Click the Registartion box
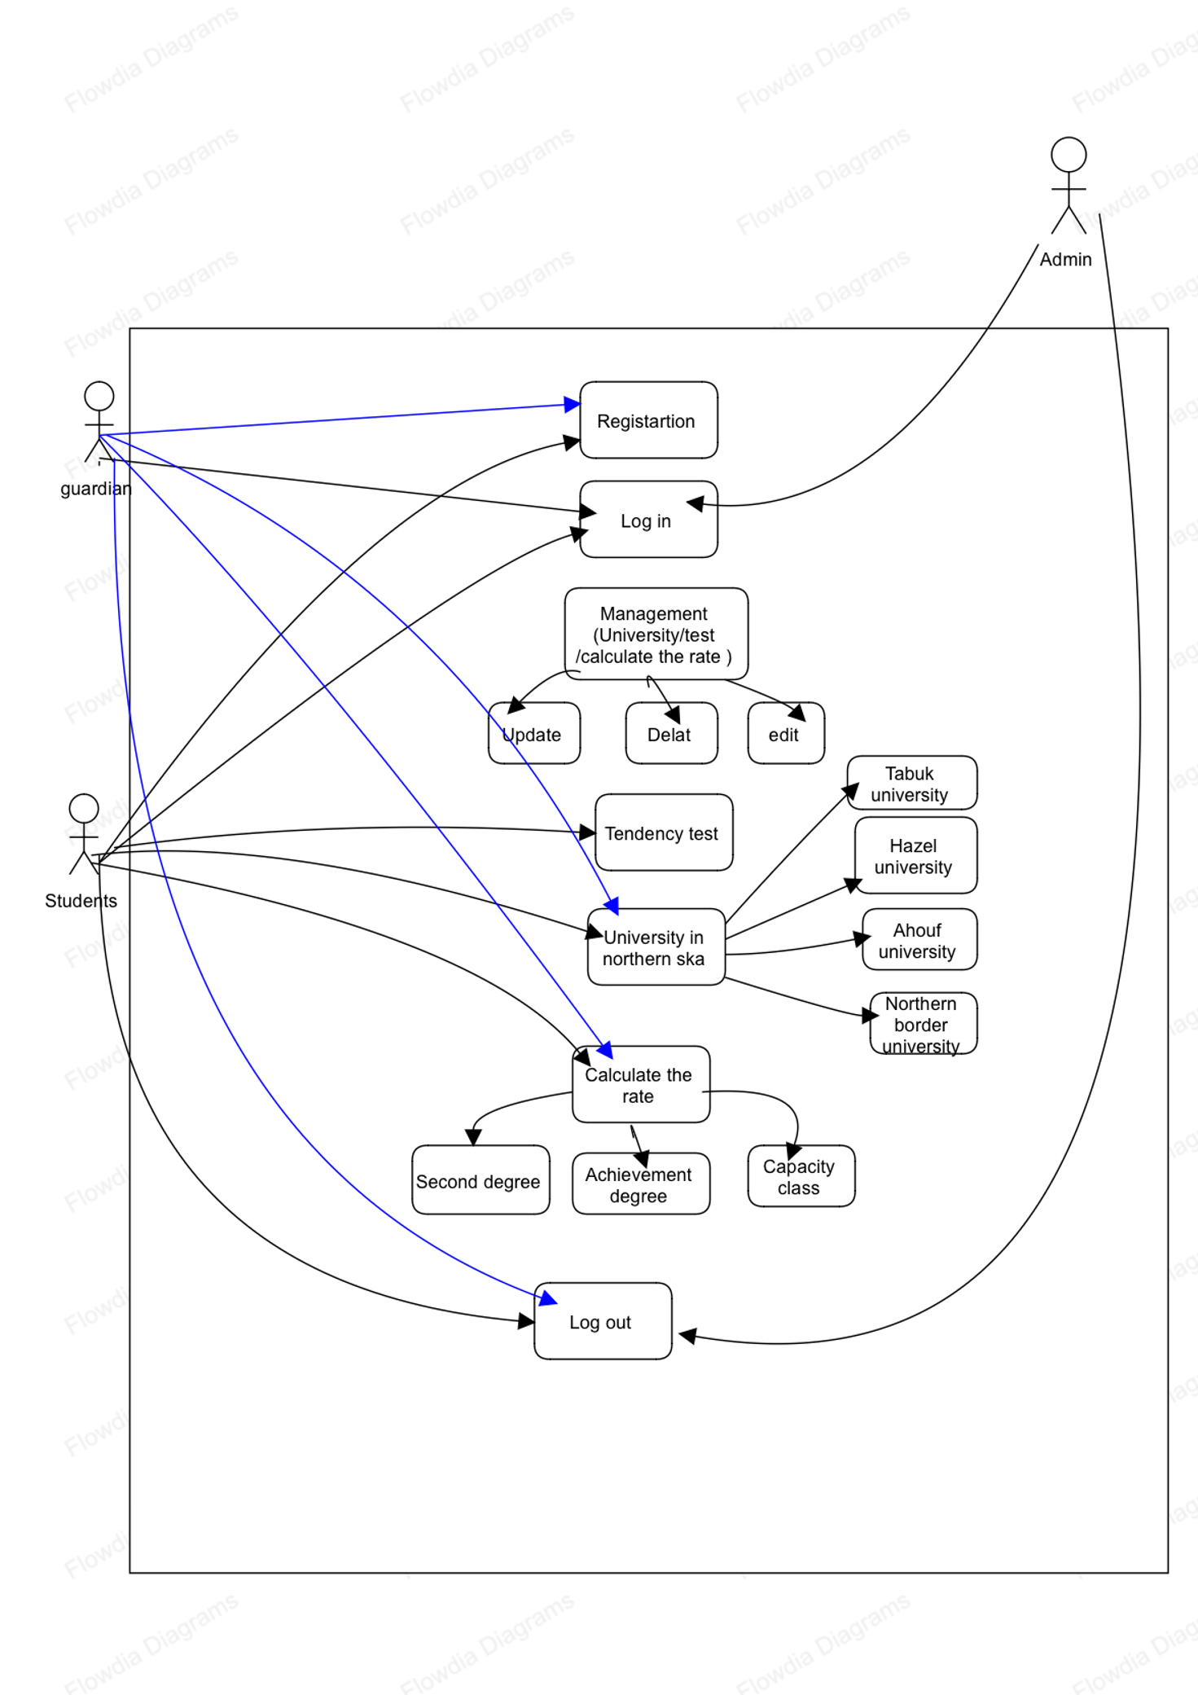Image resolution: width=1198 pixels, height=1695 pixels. click(x=648, y=420)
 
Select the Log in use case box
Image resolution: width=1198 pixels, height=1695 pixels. click(x=648, y=520)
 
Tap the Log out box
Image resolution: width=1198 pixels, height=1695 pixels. click(x=603, y=1321)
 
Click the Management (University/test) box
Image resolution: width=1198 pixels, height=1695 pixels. click(x=656, y=634)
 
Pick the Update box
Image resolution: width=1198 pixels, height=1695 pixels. click(x=534, y=733)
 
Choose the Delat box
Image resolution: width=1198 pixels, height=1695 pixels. click(x=671, y=733)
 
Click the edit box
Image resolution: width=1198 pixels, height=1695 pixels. click(x=786, y=733)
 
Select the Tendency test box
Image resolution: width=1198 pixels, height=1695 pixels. click(x=664, y=832)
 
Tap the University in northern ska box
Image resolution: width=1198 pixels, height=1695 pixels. click(x=656, y=946)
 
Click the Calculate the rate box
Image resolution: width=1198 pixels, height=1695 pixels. click(x=641, y=1084)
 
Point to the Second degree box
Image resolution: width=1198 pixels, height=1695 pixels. click(x=481, y=1179)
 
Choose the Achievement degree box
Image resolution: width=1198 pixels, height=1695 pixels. click(x=641, y=1183)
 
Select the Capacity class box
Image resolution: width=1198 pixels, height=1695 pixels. click(x=801, y=1175)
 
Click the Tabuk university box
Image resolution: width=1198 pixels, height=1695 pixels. click(x=911, y=783)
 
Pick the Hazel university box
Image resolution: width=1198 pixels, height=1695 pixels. click(x=915, y=855)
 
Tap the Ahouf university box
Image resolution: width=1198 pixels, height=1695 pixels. click(x=919, y=939)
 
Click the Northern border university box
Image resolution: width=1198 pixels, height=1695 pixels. click(x=923, y=1023)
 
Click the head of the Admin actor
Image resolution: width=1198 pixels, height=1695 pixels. click(x=1069, y=154)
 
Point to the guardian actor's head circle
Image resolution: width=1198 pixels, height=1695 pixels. click(x=99, y=396)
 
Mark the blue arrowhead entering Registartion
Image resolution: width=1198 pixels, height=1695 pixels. click(x=573, y=404)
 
